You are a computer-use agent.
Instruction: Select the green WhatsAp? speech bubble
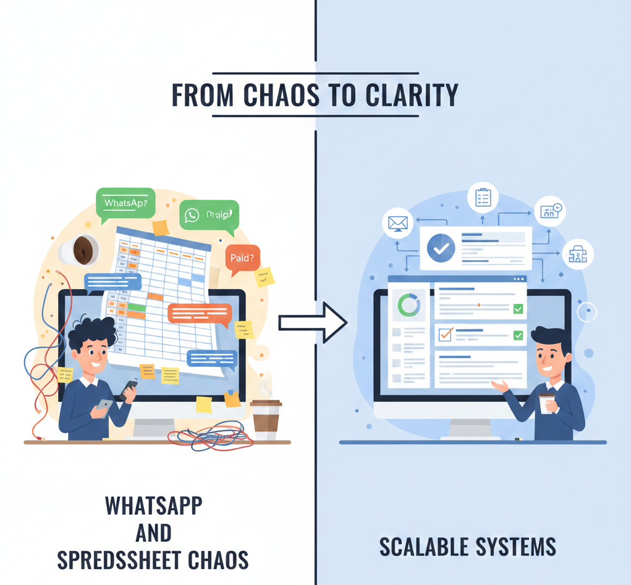coord(125,203)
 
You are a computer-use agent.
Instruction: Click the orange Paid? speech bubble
coord(242,258)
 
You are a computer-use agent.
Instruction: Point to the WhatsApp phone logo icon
coord(192,215)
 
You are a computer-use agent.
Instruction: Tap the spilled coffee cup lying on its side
coord(79,250)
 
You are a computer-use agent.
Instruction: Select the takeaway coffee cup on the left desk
coord(266,419)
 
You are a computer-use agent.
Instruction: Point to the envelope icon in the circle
coord(397,224)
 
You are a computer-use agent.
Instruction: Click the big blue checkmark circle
coord(441,248)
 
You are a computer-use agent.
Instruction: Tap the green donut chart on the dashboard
coord(409,305)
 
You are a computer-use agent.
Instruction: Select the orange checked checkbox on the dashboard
coord(445,334)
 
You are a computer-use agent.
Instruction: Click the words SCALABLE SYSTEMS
coord(467,547)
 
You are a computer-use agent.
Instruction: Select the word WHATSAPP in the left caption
coord(153,505)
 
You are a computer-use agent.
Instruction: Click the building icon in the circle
coord(578,254)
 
